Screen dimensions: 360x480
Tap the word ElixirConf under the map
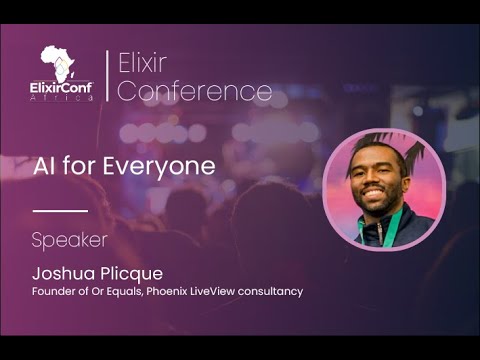click(x=61, y=86)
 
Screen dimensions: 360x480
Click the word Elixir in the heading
click(x=140, y=63)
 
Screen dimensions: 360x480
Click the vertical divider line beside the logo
click(x=107, y=75)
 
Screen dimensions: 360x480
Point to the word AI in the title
click(x=44, y=166)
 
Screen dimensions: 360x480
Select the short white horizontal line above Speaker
click(x=60, y=211)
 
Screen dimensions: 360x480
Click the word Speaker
click(x=69, y=241)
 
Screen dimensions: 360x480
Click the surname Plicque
click(x=130, y=272)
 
